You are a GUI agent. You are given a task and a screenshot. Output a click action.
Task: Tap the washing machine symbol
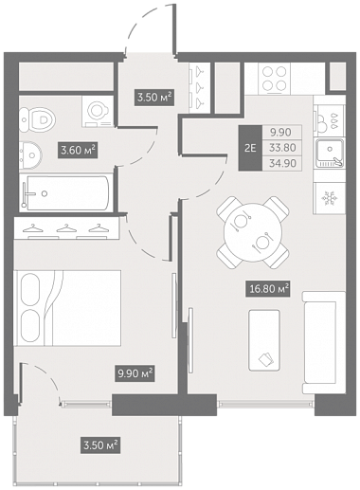(x=98, y=112)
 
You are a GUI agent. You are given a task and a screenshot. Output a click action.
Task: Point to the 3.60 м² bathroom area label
(x=78, y=150)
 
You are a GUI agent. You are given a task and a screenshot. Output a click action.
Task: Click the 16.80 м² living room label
(x=268, y=289)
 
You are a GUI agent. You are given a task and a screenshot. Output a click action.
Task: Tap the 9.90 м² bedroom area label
(x=135, y=373)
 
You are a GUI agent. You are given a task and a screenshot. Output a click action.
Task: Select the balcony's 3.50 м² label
(x=100, y=445)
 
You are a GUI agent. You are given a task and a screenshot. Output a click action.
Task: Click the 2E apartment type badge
(x=250, y=148)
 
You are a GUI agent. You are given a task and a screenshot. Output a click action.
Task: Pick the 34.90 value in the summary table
(x=282, y=163)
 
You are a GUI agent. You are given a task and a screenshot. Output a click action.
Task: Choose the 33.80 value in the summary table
(x=282, y=148)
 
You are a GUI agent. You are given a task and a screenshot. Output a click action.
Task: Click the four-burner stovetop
(x=274, y=79)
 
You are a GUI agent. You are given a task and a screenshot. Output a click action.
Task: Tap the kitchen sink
(x=330, y=154)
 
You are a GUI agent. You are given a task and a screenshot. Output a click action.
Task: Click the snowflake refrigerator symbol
(x=330, y=198)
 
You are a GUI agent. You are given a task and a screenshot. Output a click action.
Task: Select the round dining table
(x=253, y=233)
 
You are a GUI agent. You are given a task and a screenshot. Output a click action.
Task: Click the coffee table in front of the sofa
(x=264, y=340)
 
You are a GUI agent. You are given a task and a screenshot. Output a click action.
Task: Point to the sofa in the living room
(x=324, y=343)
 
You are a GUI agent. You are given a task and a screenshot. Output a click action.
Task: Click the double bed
(x=67, y=308)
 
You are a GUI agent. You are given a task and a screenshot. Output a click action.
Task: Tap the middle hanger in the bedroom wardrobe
(x=66, y=228)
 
